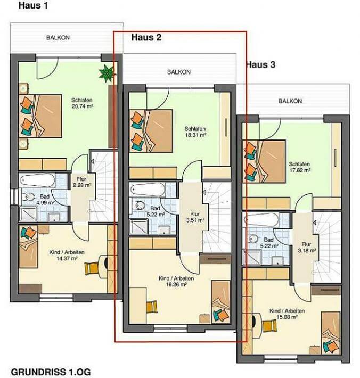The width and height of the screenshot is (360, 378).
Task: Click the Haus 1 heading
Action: point(33,5)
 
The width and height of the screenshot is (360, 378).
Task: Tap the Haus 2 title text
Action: point(146,37)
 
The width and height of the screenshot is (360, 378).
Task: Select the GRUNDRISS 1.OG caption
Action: point(51,372)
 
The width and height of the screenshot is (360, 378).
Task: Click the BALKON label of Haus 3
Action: point(290,101)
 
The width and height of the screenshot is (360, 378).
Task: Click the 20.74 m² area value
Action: point(83,106)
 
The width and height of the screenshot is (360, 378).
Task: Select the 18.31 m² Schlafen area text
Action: point(195,135)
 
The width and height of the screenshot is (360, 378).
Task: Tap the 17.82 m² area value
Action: point(300,170)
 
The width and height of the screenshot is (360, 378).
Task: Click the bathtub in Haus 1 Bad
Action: point(38,180)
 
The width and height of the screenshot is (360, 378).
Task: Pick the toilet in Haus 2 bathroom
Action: point(138,206)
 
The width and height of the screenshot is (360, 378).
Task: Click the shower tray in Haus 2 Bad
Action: point(138,227)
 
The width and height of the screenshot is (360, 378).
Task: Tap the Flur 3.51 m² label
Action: point(195,217)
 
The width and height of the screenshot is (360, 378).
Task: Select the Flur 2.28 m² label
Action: point(82,182)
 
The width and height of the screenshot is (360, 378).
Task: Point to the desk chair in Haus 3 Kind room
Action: point(269,326)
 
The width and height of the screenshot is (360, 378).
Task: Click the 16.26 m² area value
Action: point(176,284)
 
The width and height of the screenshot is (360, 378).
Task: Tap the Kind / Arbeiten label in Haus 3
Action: point(287,311)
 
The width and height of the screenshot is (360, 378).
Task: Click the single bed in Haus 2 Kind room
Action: point(221,302)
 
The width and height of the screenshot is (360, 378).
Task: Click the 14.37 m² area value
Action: point(67,259)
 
